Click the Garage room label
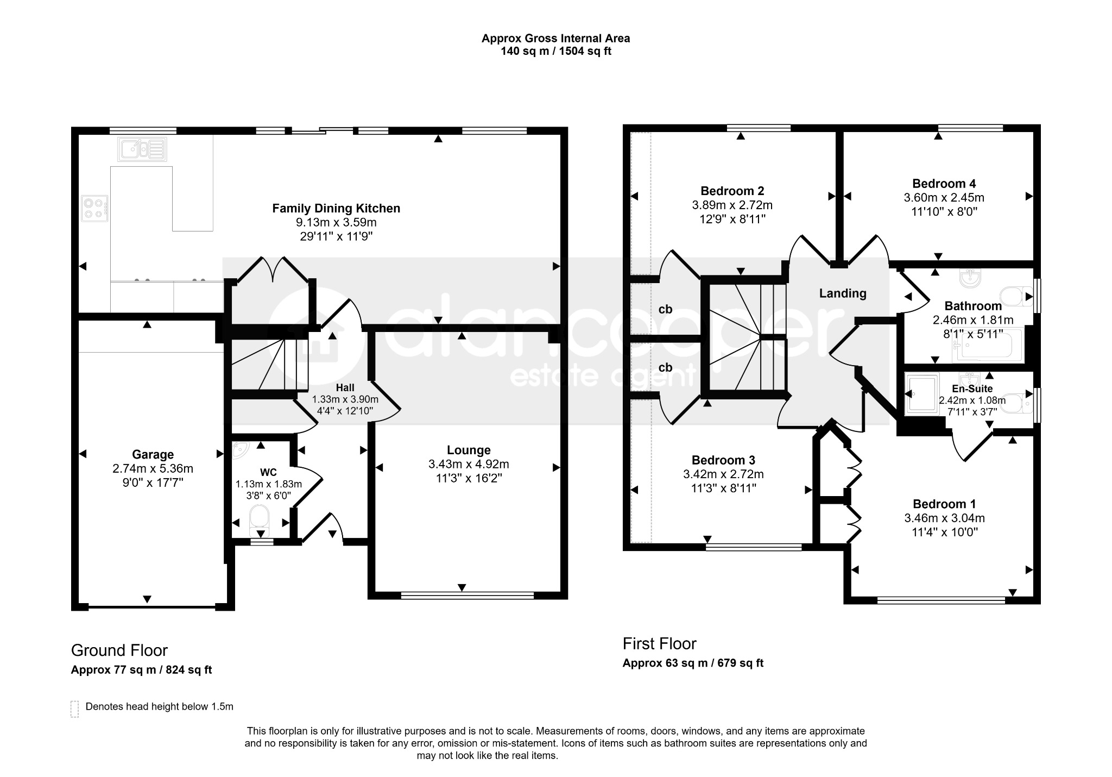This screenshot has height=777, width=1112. pyautogui.click(x=153, y=454)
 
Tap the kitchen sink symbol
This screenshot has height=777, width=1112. pyautogui.click(x=142, y=148)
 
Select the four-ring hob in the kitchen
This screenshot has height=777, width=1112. pyautogui.click(x=94, y=208)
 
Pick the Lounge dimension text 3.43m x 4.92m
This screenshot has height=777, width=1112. pyautogui.click(x=469, y=464)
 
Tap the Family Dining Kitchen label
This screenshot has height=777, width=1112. pyautogui.click(x=336, y=208)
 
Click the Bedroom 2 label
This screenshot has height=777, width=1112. pyautogui.click(x=732, y=191)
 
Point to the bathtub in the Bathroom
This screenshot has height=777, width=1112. pyautogui.click(x=988, y=346)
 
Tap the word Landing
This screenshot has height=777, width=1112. pyautogui.click(x=843, y=293)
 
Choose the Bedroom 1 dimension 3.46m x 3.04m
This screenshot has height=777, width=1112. pyautogui.click(x=944, y=518)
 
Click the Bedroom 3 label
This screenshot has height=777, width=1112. pyautogui.click(x=723, y=460)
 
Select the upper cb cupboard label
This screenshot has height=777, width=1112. pyautogui.click(x=665, y=309)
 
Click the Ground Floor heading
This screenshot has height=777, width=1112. pyautogui.click(x=119, y=650)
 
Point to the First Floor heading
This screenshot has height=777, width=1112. pyautogui.click(x=659, y=644)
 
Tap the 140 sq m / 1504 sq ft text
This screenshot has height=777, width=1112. pyautogui.click(x=556, y=52)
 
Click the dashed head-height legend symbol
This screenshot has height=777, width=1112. pyautogui.click(x=74, y=709)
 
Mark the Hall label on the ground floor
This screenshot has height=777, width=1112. pyautogui.click(x=345, y=387)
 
